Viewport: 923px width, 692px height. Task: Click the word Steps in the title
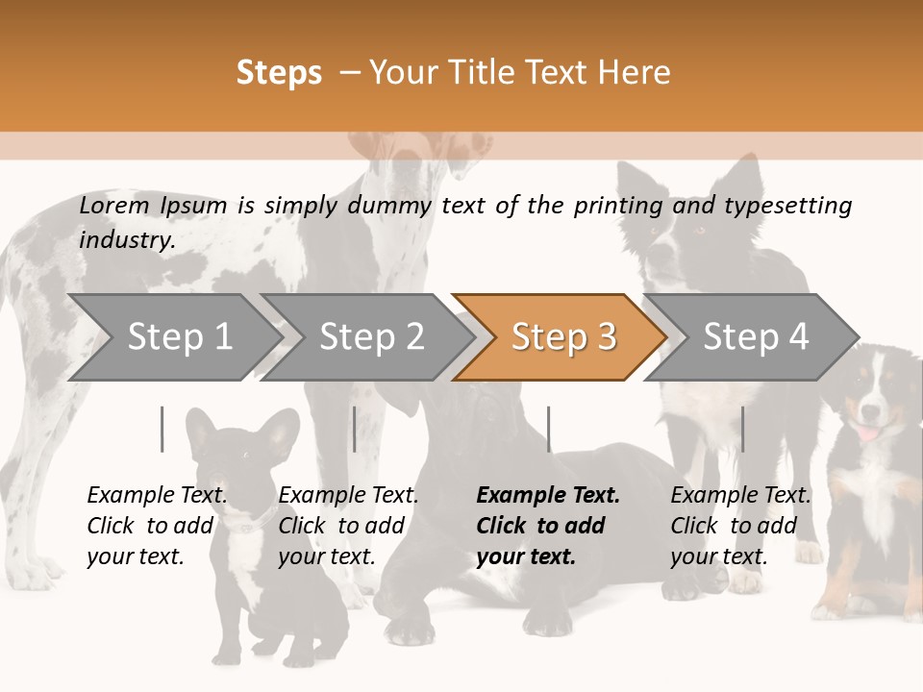pyautogui.click(x=279, y=73)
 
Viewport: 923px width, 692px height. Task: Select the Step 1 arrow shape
pyautogui.click(x=173, y=337)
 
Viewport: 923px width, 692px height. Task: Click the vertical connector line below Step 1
pyautogui.click(x=162, y=429)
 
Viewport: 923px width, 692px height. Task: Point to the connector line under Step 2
pyautogui.click(x=355, y=429)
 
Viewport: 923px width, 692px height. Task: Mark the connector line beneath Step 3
pyautogui.click(x=548, y=429)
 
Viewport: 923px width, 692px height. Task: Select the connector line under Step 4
pyautogui.click(x=742, y=429)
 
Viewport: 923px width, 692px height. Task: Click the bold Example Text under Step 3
pyautogui.click(x=548, y=526)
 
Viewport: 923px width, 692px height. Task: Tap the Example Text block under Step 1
pyautogui.click(x=157, y=526)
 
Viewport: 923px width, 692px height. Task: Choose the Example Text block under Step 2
pyautogui.click(x=348, y=526)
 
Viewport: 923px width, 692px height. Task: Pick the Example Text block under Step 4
pyautogui.click(x=740, y=526)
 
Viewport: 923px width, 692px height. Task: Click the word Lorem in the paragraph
pyautogui.click(x=114, y=206)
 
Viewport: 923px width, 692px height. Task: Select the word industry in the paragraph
pyautogui.click(x=126, y=240)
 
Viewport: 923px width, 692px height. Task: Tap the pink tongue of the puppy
pyautogui.click(x=868, y=433)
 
